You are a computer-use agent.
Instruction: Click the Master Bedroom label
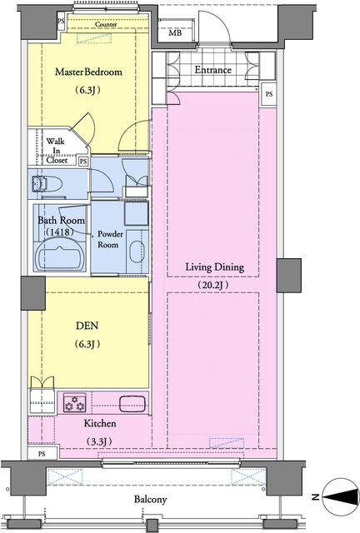[x=88, y=72]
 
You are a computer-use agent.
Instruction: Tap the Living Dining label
[x=215, y=267]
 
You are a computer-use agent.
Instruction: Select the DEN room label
[x=87, y=326]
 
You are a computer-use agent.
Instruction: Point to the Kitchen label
[x=100, y=423]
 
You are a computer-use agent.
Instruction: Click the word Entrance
[x=213, y=70]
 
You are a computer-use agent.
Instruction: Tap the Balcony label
[x=150, y=499]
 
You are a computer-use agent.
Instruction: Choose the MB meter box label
[x=175, y=33]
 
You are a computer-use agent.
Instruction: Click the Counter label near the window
[x=106, y=24]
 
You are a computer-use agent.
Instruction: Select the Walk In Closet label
[x=56, y=150]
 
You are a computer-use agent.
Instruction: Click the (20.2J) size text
[x=213, y=285]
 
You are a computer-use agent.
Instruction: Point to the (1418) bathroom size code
[x=60, y=232]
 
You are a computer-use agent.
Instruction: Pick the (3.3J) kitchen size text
[x=99, y=441]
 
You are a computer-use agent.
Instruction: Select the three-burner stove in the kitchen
[x=75, y=402]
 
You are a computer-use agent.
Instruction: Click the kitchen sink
[x=132, y=403]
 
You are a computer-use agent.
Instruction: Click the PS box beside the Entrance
[x=269, y=94]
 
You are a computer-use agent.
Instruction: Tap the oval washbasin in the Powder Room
[x=137, y=252]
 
